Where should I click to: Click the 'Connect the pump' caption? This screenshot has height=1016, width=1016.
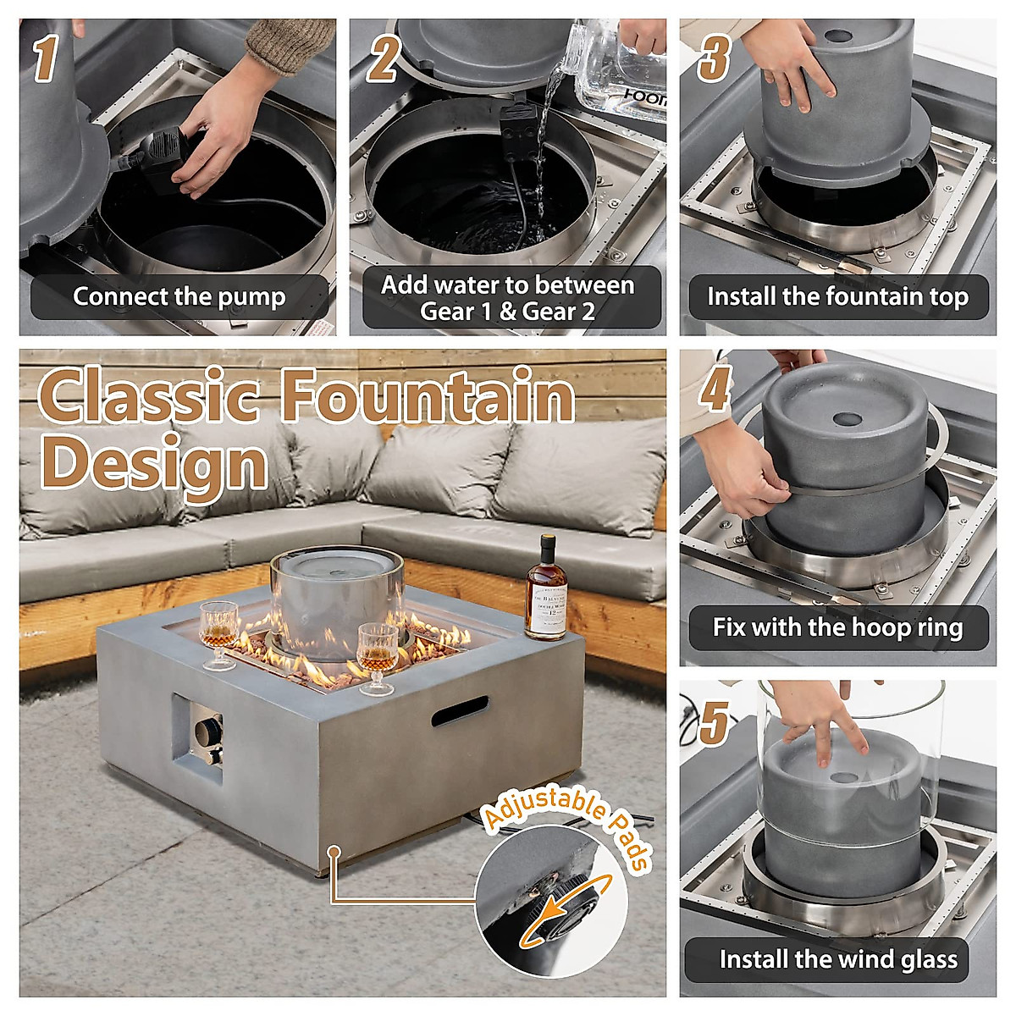coord(179,297)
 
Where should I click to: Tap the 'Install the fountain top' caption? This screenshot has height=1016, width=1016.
coord(837,297)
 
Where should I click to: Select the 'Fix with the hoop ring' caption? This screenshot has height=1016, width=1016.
coord(837,627)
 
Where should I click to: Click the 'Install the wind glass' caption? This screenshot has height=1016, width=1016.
coord(837,959)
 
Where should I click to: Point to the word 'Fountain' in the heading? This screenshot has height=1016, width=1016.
coord(428,396)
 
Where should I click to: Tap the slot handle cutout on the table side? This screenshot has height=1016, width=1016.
coord(460,711)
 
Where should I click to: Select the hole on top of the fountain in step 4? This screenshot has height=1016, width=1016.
coord(844,419)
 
